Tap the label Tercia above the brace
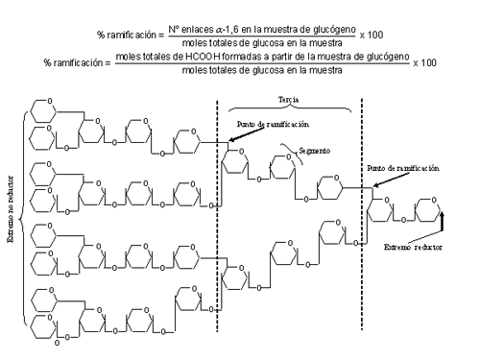click(289, 100)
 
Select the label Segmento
click(314, 151)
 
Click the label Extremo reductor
click(413, 247)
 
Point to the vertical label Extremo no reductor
click(11, 208)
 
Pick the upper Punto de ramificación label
click(273, 124)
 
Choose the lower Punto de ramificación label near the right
click(403, 168)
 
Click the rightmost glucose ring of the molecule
click(427, 209)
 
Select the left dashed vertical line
click(217, 216)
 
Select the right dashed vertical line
click(362, 214)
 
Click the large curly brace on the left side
click(21, 219)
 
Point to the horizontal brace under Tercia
click(290, 108)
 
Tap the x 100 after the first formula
click(372, 35)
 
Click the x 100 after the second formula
click(424, 62)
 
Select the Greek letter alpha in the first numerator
click(219, 30)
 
